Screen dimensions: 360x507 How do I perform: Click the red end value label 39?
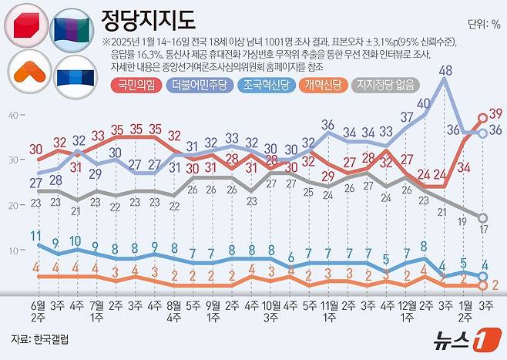[495, 113]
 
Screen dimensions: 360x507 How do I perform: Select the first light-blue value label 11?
[35, 235]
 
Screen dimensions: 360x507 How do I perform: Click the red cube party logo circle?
[27, 28]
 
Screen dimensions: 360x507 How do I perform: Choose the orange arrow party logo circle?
[27, 73]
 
